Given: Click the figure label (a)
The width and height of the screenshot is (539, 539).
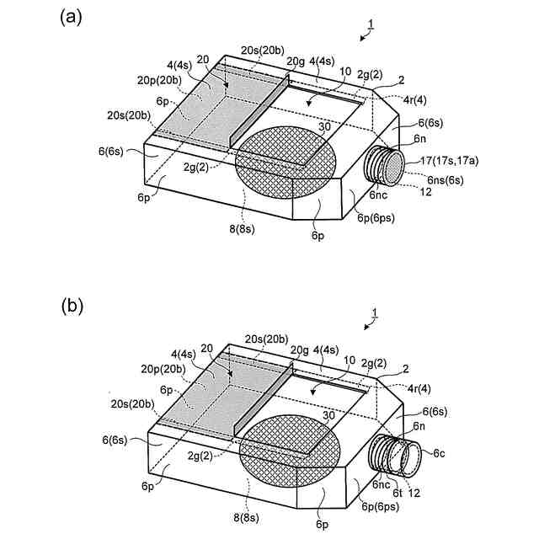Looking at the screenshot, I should click(72, 17).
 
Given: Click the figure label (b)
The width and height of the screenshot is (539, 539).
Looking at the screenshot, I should click(72, 306).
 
